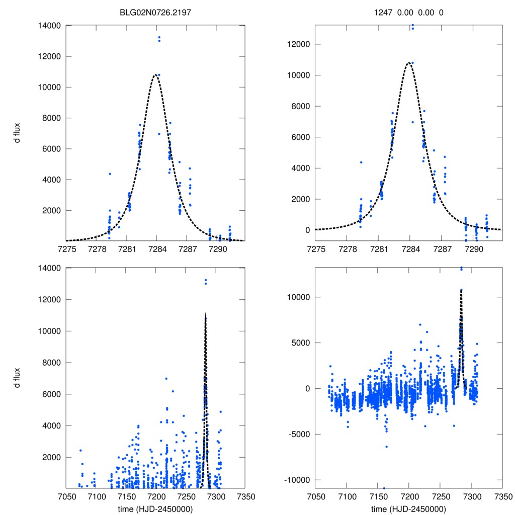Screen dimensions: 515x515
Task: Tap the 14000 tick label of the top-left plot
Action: [49, 25]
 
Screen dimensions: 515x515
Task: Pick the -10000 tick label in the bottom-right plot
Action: [296, 480]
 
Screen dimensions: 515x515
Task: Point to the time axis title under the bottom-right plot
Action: [408, 508]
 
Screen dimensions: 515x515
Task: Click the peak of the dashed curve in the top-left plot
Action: [155, 74]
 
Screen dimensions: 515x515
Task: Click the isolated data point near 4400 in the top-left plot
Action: [110, 174]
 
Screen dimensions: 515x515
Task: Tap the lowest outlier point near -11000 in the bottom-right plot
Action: [384, 488]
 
